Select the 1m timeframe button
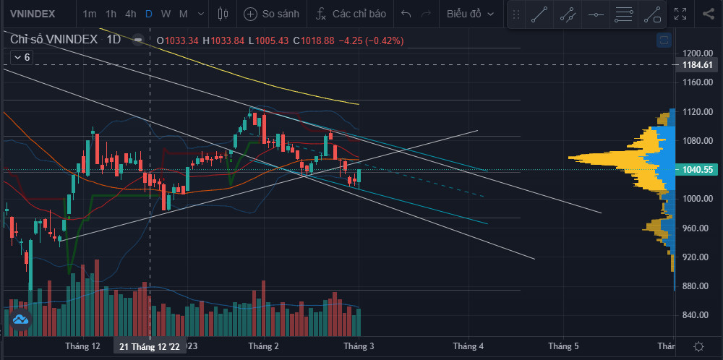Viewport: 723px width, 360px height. pyautogui.click(x=90, y=14)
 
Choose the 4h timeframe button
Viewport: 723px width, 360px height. pyautogui.click(x=130, y=14)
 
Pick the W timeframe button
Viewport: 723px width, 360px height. pyautogui.click(x=166, y=14)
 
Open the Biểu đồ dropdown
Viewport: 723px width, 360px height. pyautogui.click(x=471, y=14)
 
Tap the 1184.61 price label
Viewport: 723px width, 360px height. pyautogui.click(x=698, y=65)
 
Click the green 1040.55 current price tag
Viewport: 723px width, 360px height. pyautogui.click(x=698, y=170)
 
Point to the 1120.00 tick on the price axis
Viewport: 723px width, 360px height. pyautogui.click(x=697, y=112)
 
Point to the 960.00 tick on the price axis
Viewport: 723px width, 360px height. pyautogui.click(x=697, y=228)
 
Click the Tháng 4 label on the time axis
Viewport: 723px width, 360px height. pyautogui.click(x=468, y=346)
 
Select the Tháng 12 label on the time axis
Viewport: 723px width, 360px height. pyautogui.click(x=82, y=346)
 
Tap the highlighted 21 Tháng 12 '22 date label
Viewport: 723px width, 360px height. pyautogui.click(x=150, y=346)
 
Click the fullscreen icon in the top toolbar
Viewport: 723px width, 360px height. pyautogui.click(x=680, y=14)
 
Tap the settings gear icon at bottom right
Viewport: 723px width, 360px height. pyautogui.click(x=698, y=346)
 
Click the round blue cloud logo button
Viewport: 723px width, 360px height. pyautogui.click(x=20, y=319)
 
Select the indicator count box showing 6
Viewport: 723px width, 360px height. pyautogui.click(x=22, y=57)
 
